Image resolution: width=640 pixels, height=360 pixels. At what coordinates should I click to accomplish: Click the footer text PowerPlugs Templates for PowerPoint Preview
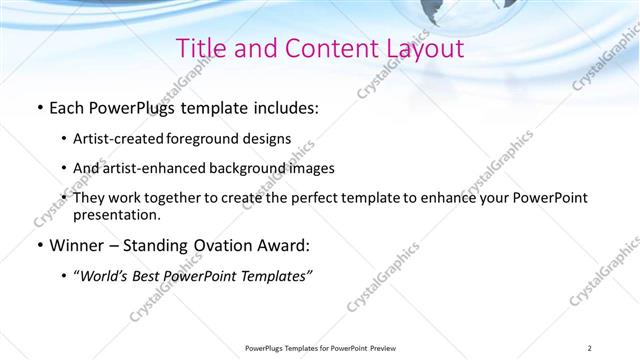pos(319,347)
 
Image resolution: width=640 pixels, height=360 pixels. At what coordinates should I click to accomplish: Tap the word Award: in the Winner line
pos(280,244)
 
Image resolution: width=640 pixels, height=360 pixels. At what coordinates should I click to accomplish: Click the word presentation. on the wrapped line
pos(116,214)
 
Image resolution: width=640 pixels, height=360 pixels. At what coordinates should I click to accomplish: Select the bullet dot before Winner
pos(39,244)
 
